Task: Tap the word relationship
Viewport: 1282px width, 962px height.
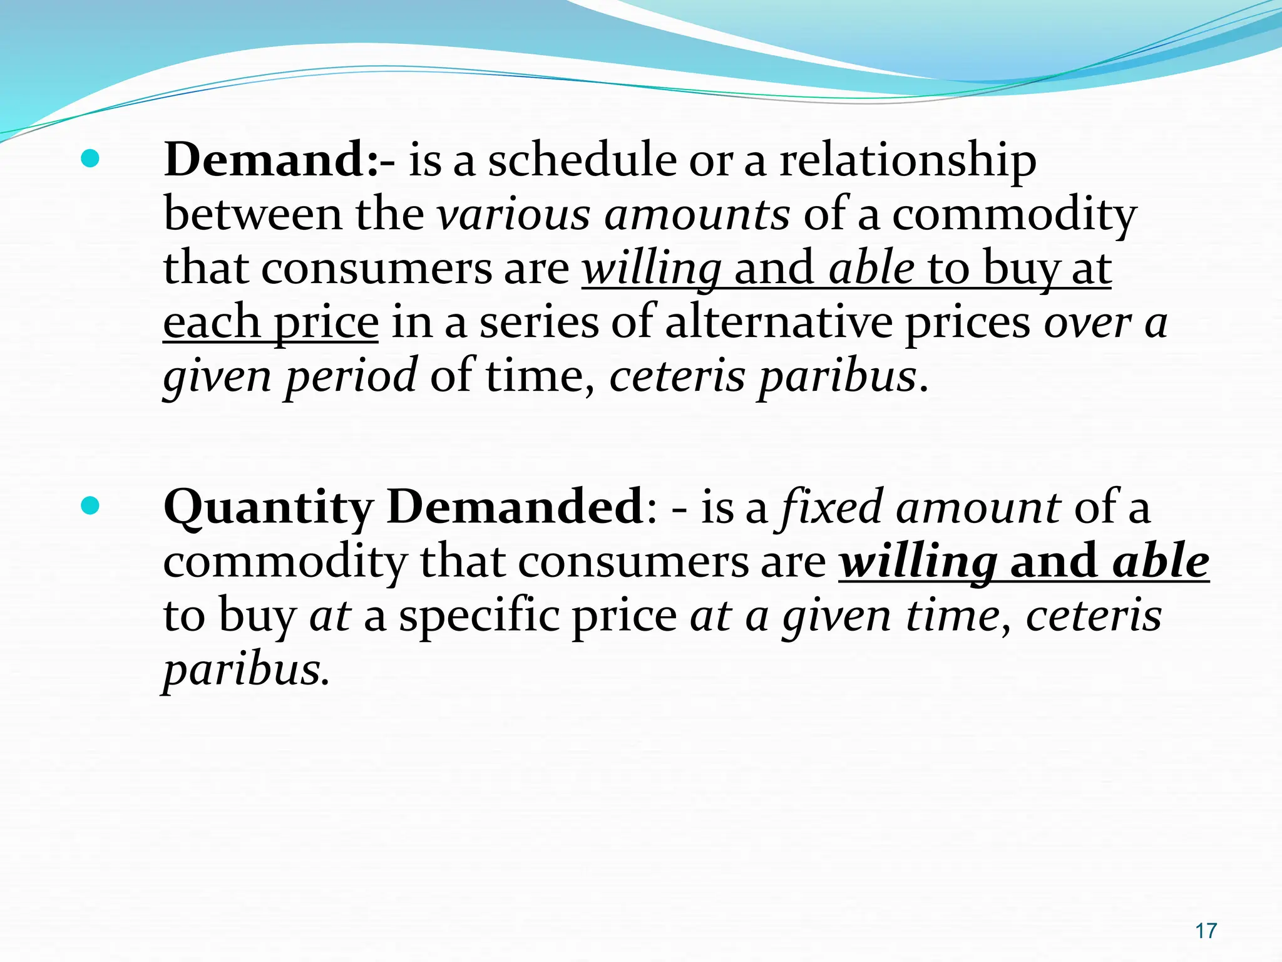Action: click(x=908, y=161)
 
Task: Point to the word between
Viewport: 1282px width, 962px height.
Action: click(x=254, y=215)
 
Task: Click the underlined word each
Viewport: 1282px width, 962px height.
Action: click(x=211, y=323)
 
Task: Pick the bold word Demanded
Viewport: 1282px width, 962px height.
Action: click(x=515, y=507)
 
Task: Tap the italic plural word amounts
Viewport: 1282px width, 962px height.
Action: click(x=697, y=215)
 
